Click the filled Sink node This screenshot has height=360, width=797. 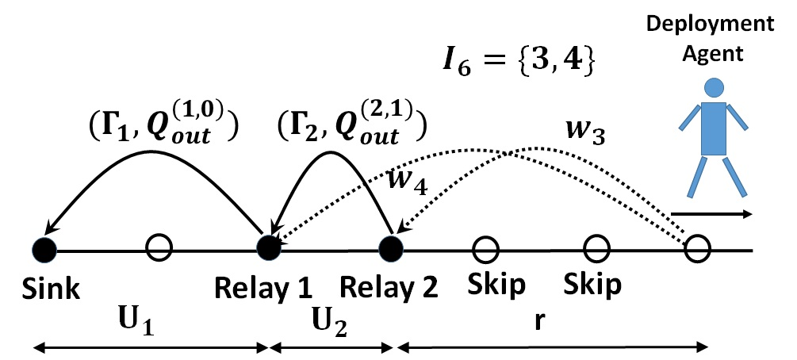44,249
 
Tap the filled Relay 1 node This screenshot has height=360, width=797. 270,248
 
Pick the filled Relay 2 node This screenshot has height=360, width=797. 390,249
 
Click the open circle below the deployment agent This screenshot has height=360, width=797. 697,249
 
